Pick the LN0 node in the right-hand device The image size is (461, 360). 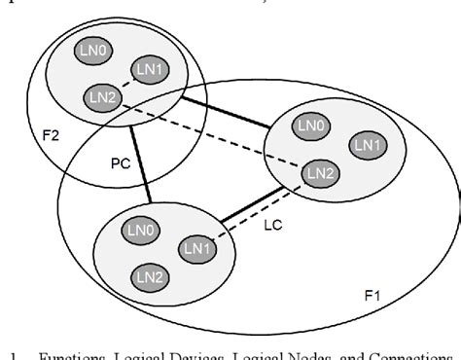pyautogui.click(x=311, y=125)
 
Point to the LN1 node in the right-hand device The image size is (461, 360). pyautogui.click(x=368, y=145)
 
